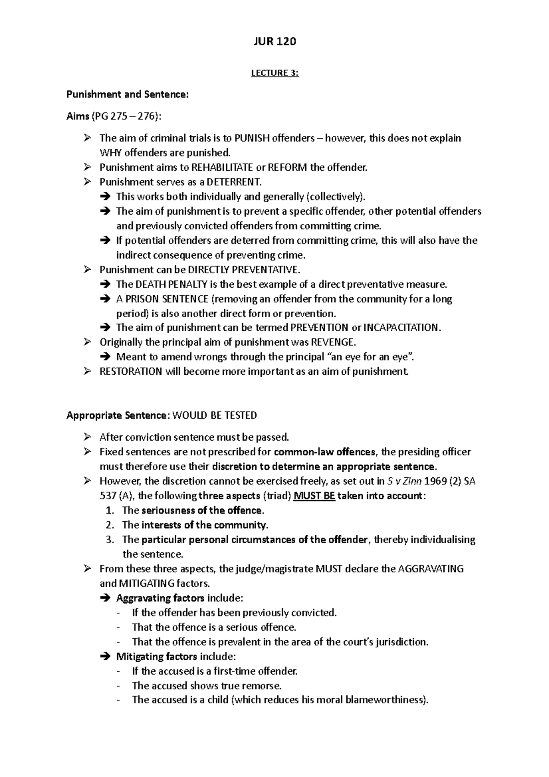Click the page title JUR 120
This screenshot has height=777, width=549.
(x=274, y=42)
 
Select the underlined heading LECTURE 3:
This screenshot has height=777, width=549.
(x=274, y=73)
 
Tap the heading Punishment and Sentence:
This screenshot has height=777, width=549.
(x=127, y=95)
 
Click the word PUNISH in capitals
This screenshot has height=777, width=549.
(x=252, y=138)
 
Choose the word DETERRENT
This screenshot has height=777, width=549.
(x=233, y=182)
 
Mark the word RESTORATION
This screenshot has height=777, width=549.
(x=131, y=372)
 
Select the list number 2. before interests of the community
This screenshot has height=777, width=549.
(x=109, y=525)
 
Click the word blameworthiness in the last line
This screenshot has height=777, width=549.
(x=385, y=700)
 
